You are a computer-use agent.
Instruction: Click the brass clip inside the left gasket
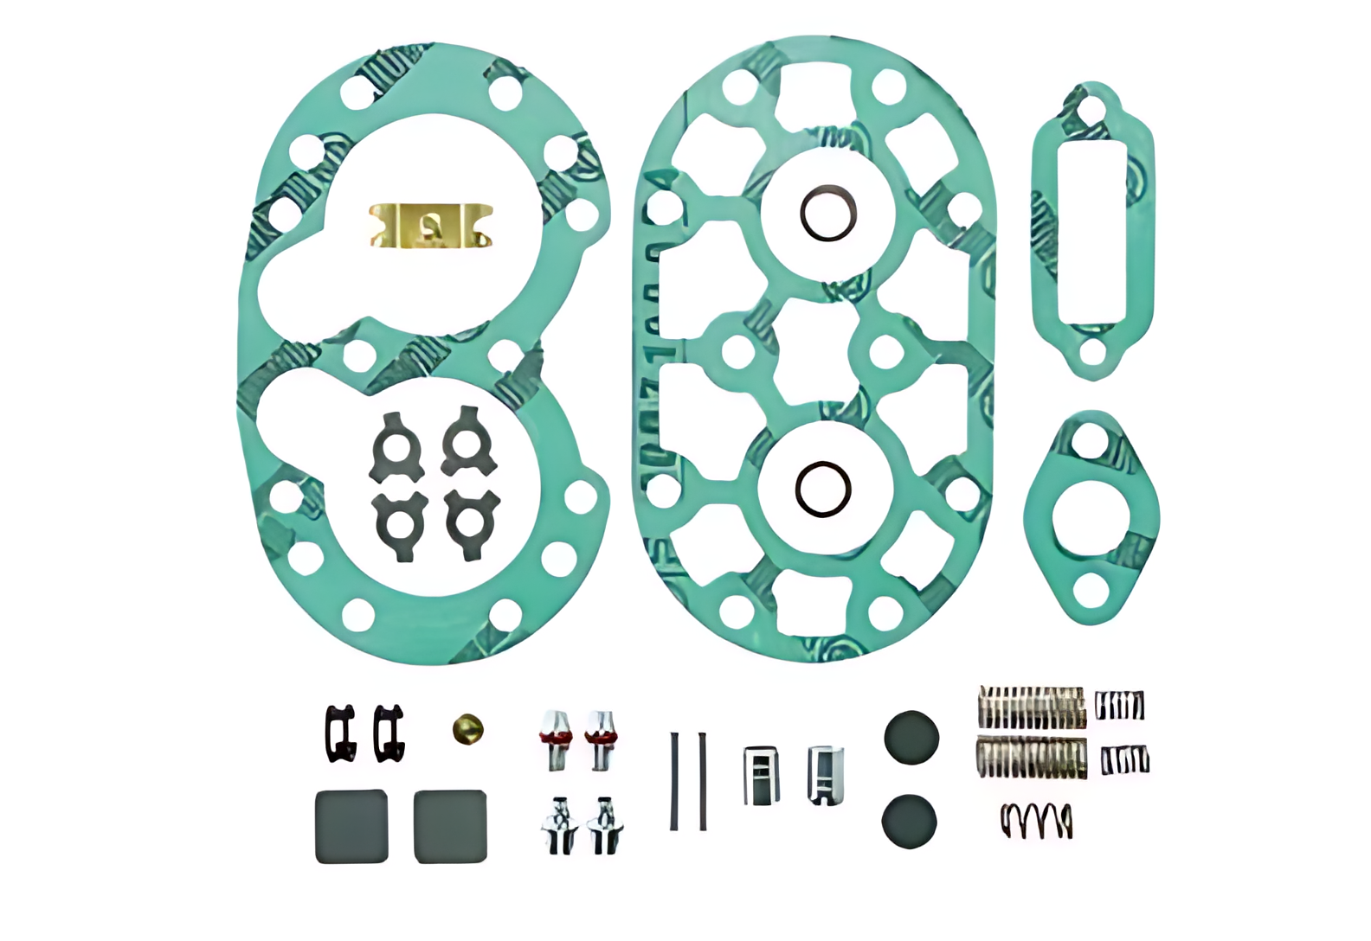(430, 227)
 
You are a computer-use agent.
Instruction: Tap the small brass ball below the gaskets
(467, 729)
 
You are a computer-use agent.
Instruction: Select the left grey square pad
(351, 826)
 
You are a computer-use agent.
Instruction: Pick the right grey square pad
(450, 826)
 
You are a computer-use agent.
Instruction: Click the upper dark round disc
(911, 738)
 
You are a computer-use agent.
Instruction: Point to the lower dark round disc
(909, 821)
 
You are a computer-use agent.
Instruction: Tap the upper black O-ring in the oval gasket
(828, 213)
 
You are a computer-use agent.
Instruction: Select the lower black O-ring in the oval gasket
(823, 489)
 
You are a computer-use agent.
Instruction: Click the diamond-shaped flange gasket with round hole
(1090, 518)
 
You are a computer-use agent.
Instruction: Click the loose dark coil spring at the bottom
(1037, 820)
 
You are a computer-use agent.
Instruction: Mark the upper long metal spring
(1032, 707)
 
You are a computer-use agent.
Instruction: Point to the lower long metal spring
(1032, 758)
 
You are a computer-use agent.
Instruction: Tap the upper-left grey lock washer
(396, 446)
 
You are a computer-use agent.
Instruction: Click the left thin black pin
(674, 781)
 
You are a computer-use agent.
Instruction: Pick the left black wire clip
(340, 733)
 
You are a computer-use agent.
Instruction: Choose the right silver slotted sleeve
(825, 774)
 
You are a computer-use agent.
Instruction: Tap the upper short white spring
(1120, 706)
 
